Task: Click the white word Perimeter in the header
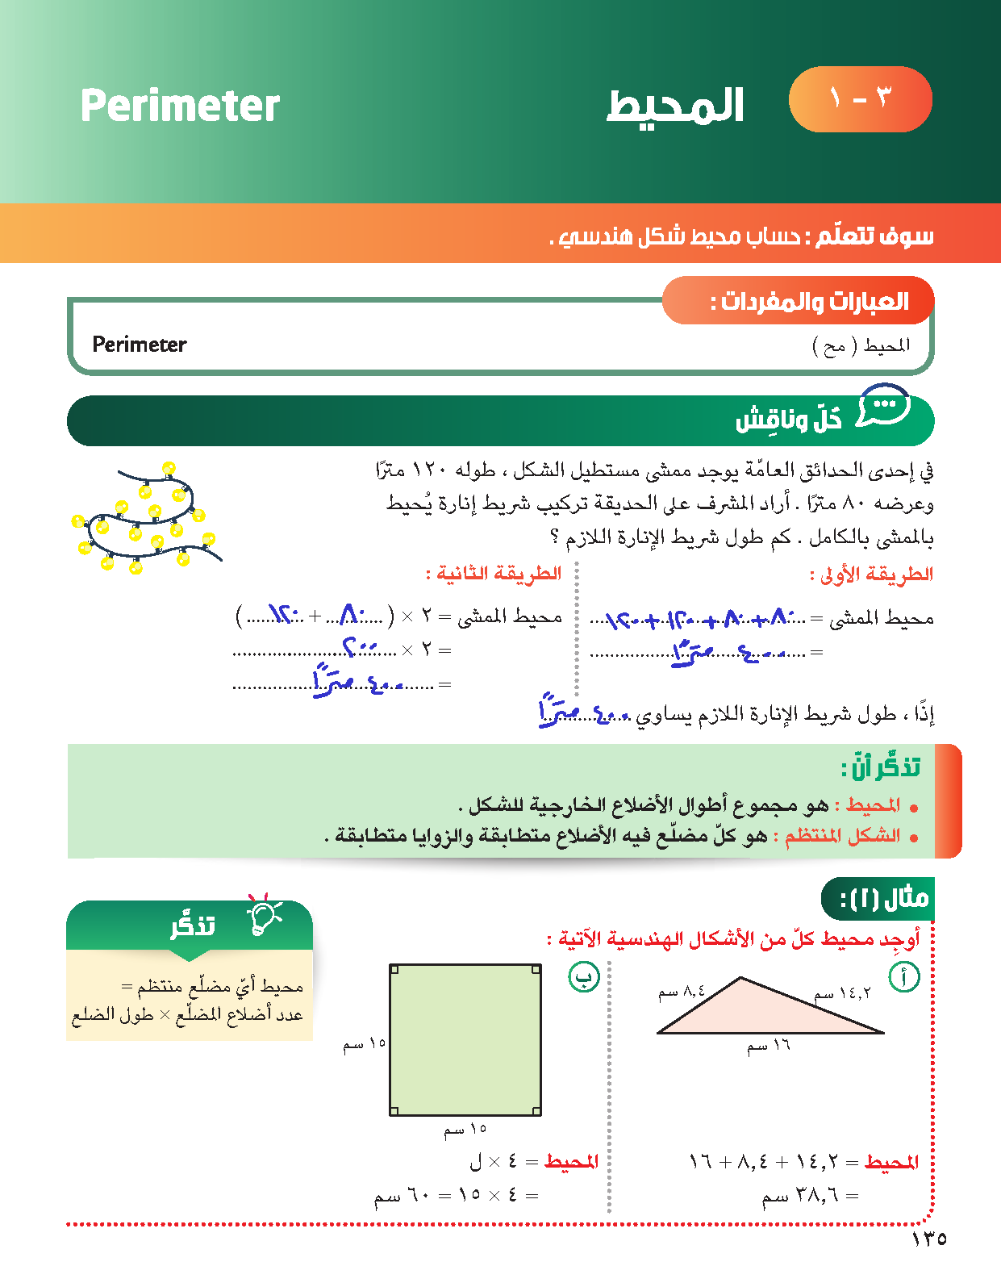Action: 180,106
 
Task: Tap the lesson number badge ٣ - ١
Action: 860,99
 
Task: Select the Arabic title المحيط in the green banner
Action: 675,107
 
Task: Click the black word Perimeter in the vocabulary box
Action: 140,345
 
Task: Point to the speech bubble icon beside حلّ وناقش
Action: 883,406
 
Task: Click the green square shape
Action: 465,1040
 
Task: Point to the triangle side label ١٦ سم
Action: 769,1047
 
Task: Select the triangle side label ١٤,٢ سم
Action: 843,993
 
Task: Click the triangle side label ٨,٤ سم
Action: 682,992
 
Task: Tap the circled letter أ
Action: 904,977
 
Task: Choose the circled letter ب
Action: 584,977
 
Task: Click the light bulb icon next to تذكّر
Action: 265,917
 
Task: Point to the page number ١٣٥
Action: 929,1239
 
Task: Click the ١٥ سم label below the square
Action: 465,1130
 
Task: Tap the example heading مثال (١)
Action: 883,898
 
